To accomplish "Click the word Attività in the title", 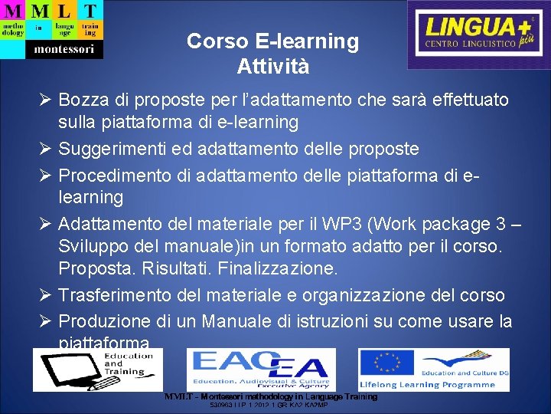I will (x=273, y=66).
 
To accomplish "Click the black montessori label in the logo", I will (x=64, y=49).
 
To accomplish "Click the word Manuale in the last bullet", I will (x=266, y=320).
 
